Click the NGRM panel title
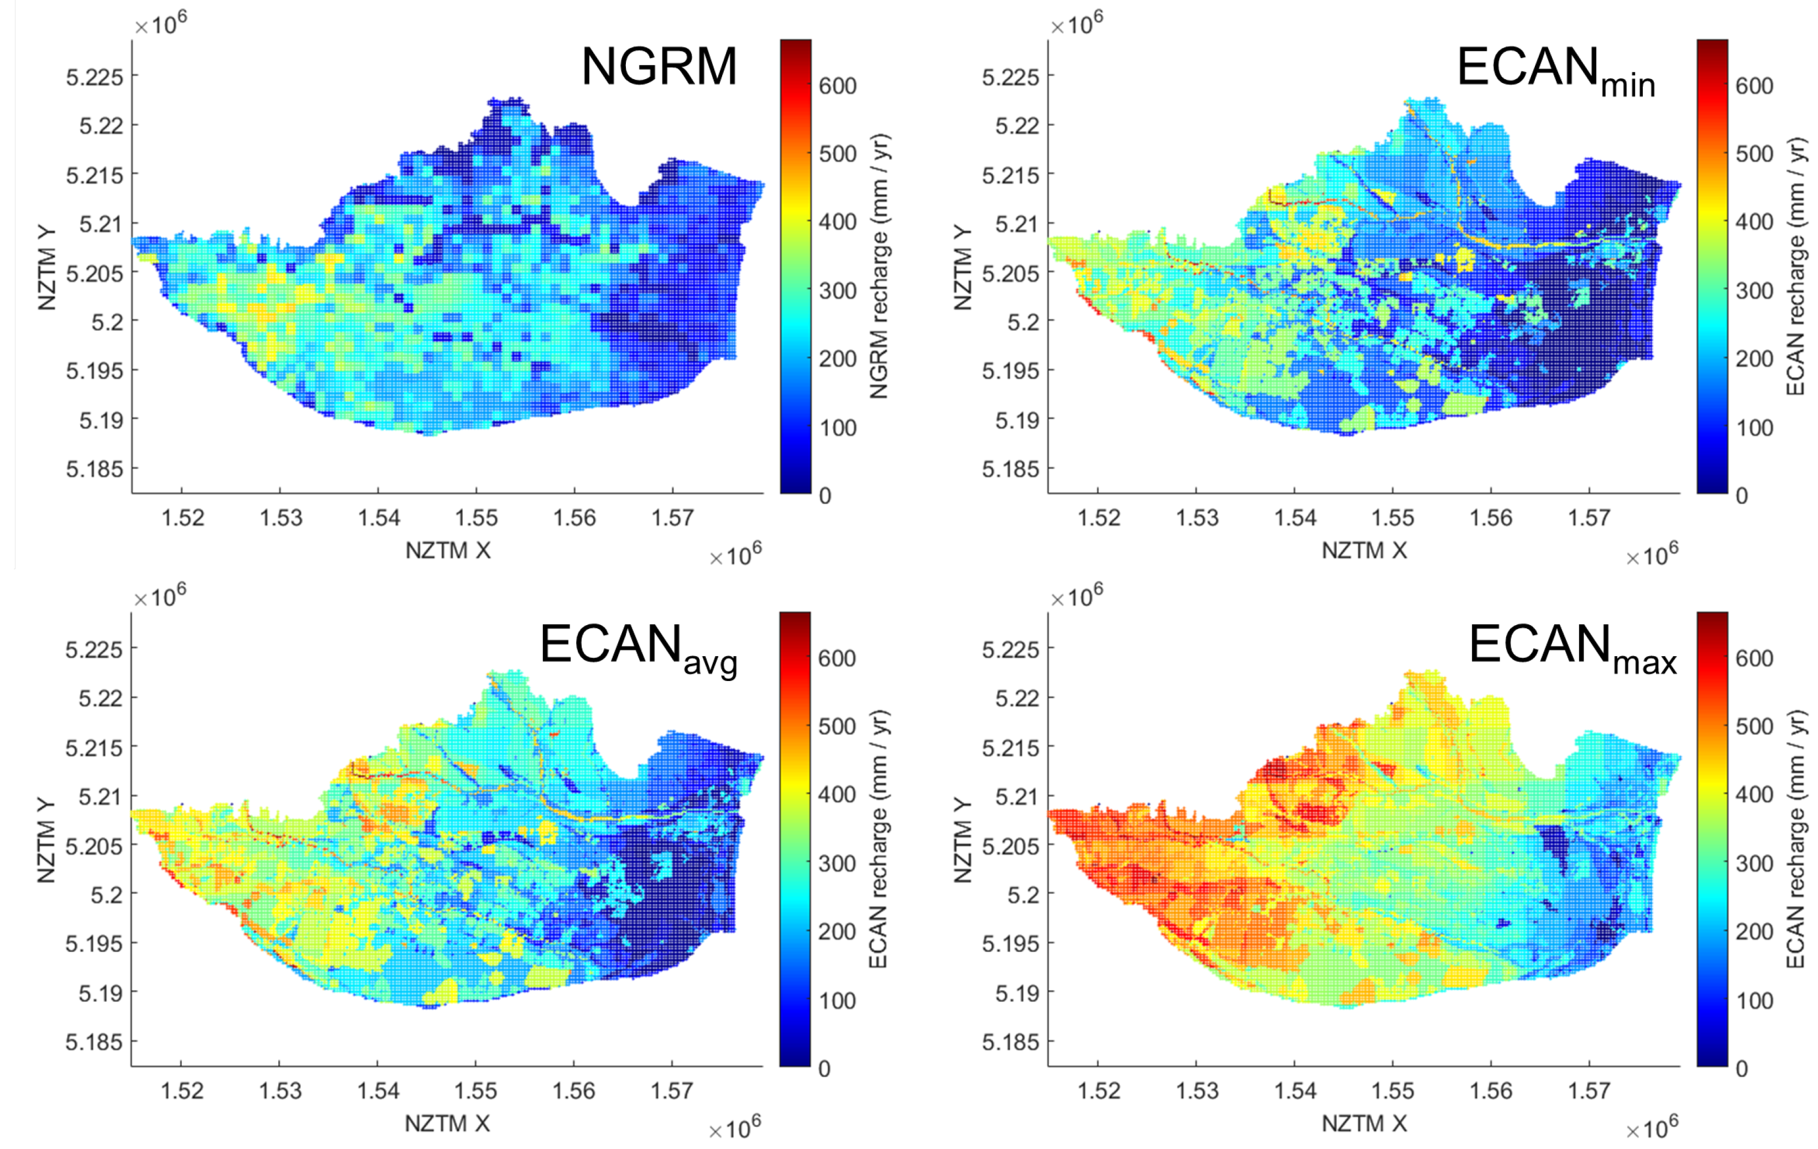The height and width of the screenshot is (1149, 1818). [x=659, y=67]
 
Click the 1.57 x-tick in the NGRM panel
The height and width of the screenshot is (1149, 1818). [x=672, y=518]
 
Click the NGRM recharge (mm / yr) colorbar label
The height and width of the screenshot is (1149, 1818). [x=879, y=267]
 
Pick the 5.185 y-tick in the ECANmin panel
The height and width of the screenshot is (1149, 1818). [x=1010, y=469]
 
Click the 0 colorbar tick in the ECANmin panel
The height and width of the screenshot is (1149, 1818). [x=1742, y=496]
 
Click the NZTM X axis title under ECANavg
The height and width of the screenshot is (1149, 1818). [x=448, y=1124]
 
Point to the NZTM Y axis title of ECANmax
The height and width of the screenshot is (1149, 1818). [x=962, y=840]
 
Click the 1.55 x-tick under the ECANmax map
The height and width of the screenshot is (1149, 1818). [x=1392, y=1091]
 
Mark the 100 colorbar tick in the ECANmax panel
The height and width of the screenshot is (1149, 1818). [x=1754, y=1001]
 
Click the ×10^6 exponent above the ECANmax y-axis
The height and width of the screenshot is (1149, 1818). [x=1076, y=597]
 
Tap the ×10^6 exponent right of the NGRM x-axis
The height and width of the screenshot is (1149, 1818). [x=735, y=555]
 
